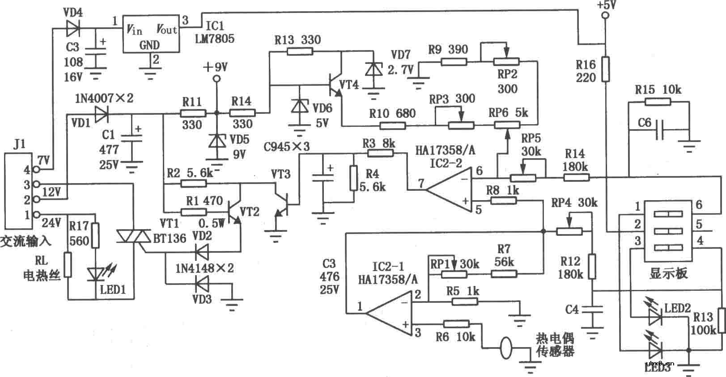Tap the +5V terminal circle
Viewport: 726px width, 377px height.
pos(605,16)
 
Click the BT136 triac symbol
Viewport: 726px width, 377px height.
pos(134,236)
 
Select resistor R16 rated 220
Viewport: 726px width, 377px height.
pos(605,69)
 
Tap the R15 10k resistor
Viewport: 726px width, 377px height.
pos(658,102)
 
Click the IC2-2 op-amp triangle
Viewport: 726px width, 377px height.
pos(450,190)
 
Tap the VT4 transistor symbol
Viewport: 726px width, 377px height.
pos(335,85)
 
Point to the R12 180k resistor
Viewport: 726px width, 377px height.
pos(592,266)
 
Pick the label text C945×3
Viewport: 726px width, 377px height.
pos(287,146)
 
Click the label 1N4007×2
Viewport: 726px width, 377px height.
pos(104,98)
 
